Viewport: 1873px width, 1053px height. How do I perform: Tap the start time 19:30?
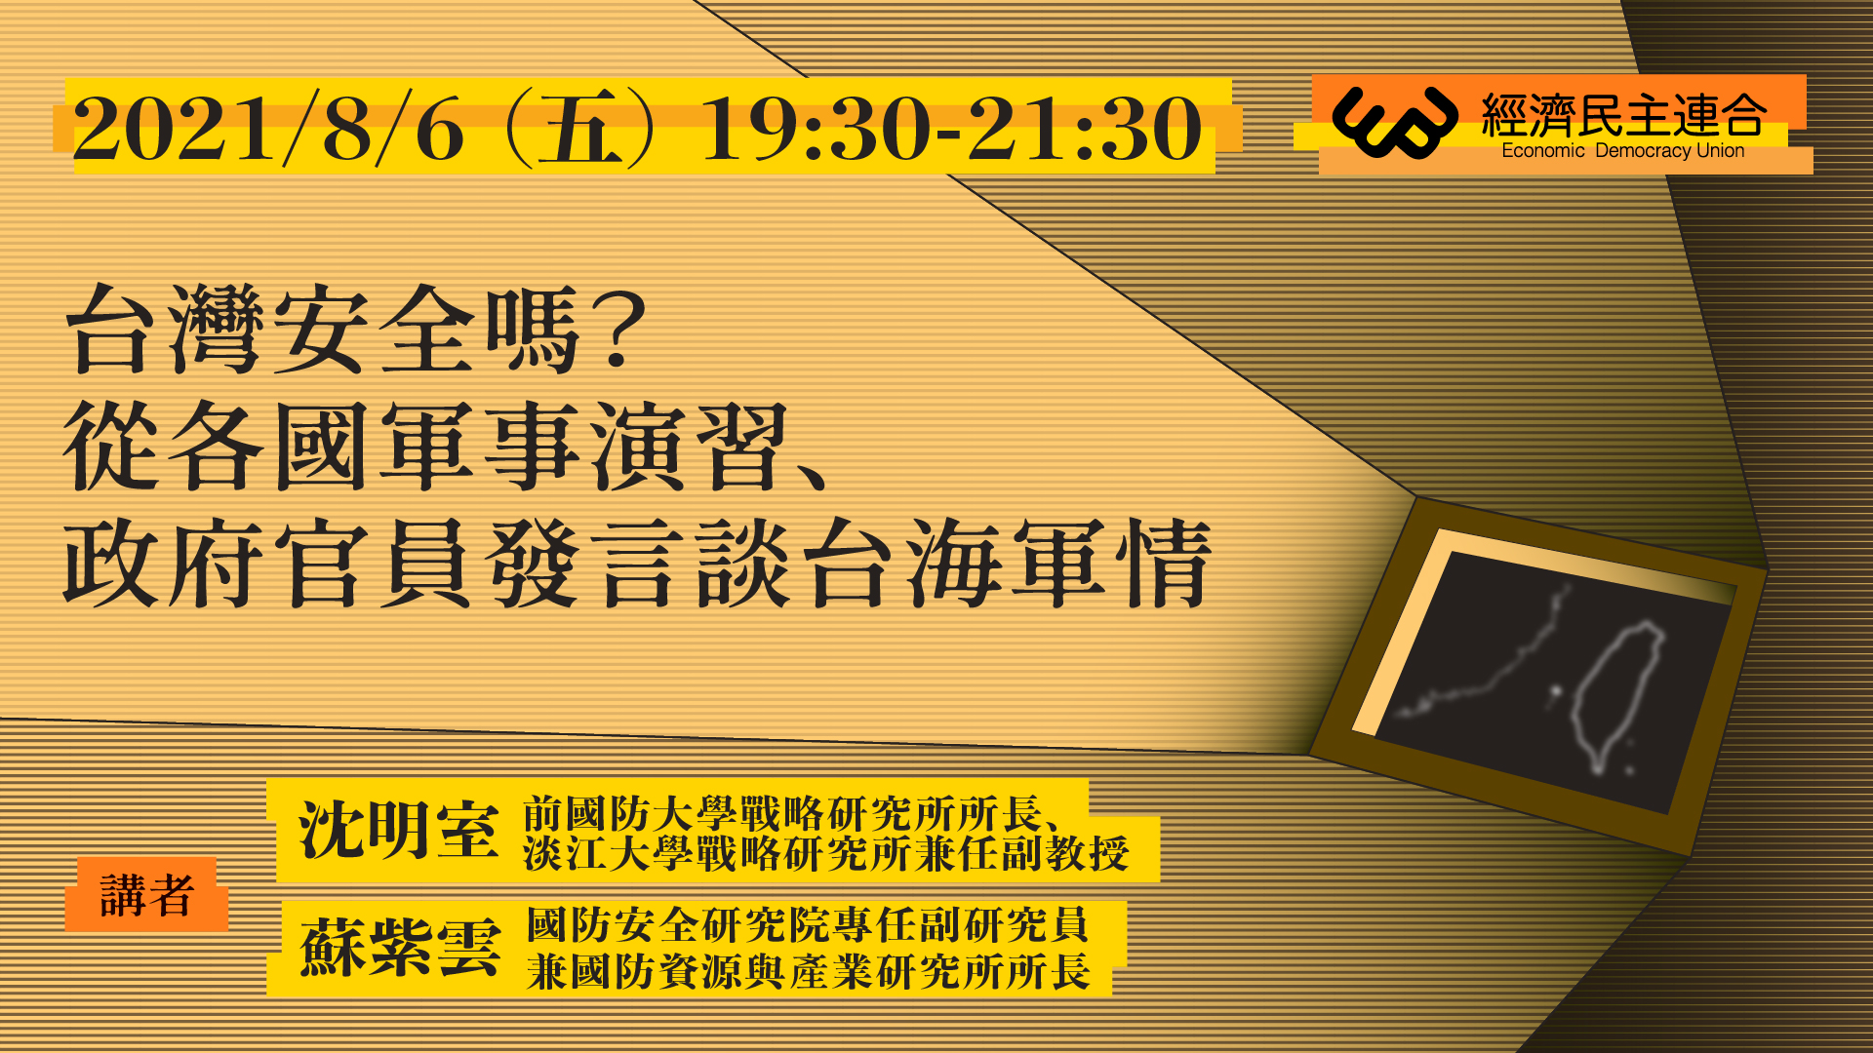pyautogui.click(x=816, y=129)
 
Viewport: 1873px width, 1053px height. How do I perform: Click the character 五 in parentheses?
pyautogui.click(x=581, y=129)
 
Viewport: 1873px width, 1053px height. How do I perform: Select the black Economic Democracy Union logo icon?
pyautogui.click(x=1394, y=121)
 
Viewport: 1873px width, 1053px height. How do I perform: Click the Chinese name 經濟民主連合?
pyautogui.click(x=1624, y=115)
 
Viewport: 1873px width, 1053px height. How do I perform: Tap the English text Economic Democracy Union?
pyautogui.click(x=1623, y=151)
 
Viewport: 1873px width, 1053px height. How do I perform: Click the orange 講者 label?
pyautogui.click(x=147, y=895)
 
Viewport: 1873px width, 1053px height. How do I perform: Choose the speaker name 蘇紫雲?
pyautogui.click(x=400, y=947)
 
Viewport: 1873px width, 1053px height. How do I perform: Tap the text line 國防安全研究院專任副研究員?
pyautogui.click(x=808, y=924)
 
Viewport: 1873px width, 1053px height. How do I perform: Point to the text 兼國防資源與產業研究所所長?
pyautogui.click(x=808, y=971)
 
